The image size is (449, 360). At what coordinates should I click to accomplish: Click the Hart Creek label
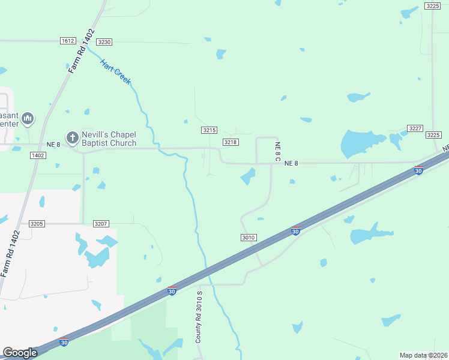pos(115,71)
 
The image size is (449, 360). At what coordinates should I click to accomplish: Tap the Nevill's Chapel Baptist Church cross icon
pos(72,138)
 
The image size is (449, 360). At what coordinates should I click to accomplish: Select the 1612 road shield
pos(68,41)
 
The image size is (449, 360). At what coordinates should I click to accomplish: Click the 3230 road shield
pos(104,42)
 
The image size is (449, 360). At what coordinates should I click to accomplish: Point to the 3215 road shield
pos(209,130)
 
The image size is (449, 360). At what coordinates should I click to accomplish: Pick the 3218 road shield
pos(231,142)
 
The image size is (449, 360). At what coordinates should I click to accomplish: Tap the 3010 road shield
pos(249,238)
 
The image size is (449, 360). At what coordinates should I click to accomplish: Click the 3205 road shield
pos(37,224)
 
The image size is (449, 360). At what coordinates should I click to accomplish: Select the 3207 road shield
pos(101,224)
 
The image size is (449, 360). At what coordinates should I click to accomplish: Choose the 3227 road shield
pos(415,128)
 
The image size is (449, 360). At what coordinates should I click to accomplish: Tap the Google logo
pos(20,353)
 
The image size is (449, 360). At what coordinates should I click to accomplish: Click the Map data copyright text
pos(423,355)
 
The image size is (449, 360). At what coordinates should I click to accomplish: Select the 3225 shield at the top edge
pos(432,6)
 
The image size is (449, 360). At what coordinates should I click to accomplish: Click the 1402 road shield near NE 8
pos(38,155)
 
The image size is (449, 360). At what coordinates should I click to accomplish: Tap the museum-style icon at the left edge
pos(28,119)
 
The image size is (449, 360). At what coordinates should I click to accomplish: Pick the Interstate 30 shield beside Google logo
pos(64,343)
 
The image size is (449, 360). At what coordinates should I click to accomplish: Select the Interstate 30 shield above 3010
pos(295,230)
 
